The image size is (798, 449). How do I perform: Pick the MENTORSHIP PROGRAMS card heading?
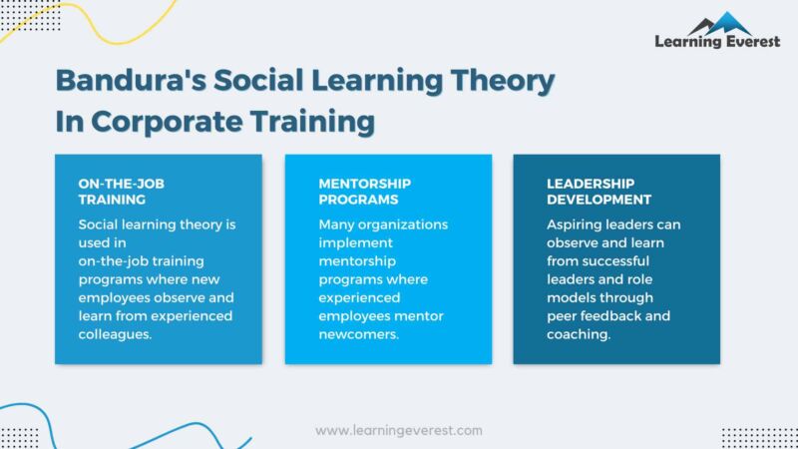click(364, 191)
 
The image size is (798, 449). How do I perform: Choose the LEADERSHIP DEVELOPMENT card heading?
click(593, 191)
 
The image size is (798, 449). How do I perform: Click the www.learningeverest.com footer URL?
click(399, 431)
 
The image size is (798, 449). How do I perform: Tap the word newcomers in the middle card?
click(360, 334)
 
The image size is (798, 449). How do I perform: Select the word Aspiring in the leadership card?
click(577, 224)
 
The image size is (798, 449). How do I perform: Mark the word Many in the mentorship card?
click(337, 224)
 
